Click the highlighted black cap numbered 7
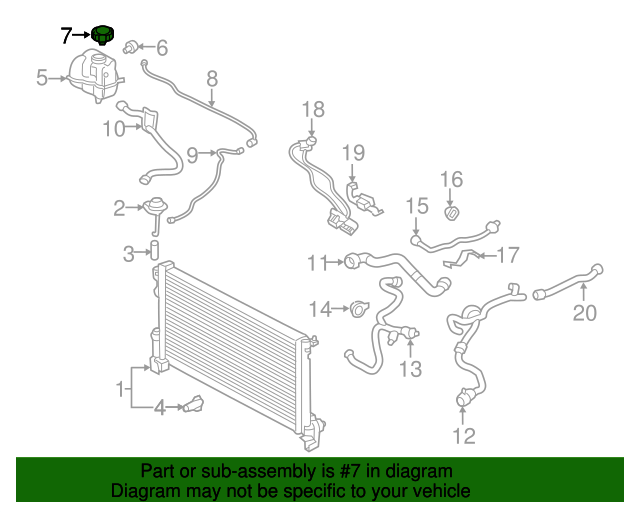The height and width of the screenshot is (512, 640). click(102, 36)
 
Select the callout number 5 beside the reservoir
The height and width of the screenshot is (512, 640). click(42, 77)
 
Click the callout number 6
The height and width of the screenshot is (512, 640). click(161, 47)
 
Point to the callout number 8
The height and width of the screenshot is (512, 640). click(212, 78)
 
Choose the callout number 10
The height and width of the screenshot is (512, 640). click(113, 128)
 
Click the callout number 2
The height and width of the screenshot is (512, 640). click(120, 208)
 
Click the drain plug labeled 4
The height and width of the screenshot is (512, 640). click(192, 405)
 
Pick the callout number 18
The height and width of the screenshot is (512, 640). click(313, 109)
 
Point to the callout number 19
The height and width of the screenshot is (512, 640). click(354, 153)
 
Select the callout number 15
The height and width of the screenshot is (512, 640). click(416, 206)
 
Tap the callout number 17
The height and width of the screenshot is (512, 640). click(508, 255)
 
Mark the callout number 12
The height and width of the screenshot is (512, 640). click(464, 435)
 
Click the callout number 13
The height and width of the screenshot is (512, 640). click(412, 370)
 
